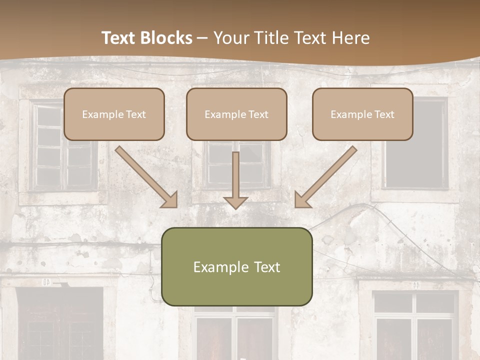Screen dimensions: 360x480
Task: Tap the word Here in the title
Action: click(x=351, y=38)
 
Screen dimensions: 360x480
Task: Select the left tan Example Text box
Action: click(x=114, y=114)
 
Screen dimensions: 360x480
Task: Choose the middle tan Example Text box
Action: click(x=236, y=114)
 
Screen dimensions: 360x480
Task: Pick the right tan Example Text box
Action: click(x=362, y=114)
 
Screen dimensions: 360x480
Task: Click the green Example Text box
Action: click(x=236, y=266)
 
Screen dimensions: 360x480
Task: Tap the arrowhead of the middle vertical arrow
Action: click(x=235, y=202)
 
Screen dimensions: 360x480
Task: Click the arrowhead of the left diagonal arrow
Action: click(x=170, y=200)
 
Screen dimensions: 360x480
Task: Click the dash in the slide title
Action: click(x=202, y=38)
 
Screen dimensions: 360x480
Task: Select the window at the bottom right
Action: click(x=415, y=325)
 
